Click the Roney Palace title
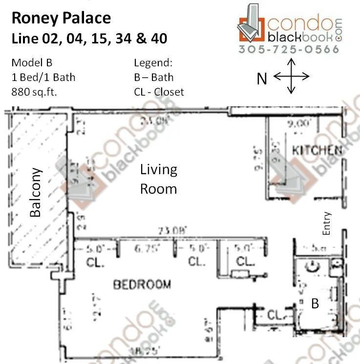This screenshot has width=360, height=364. [x=61, y=19]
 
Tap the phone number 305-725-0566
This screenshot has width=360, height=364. [x=289, y=49]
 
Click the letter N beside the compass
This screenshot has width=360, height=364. [x=262, y=78]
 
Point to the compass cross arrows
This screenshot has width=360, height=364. [x=291, y=76]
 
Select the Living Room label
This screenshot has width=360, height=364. [x=158, y=179]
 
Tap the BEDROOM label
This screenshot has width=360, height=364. [x=142, y=284]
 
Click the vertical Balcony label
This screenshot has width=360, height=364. [x=35, y=192]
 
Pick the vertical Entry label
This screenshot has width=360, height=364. [x=327, y=223]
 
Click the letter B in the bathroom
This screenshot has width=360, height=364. [x=315, y=303]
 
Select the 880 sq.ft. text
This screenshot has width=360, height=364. [x=34, y=91]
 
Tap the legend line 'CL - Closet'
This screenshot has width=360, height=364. [x=159, y=91]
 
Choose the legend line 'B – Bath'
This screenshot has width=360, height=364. [x=153, y=77]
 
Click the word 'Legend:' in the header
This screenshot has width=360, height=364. [x=153, y=63]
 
